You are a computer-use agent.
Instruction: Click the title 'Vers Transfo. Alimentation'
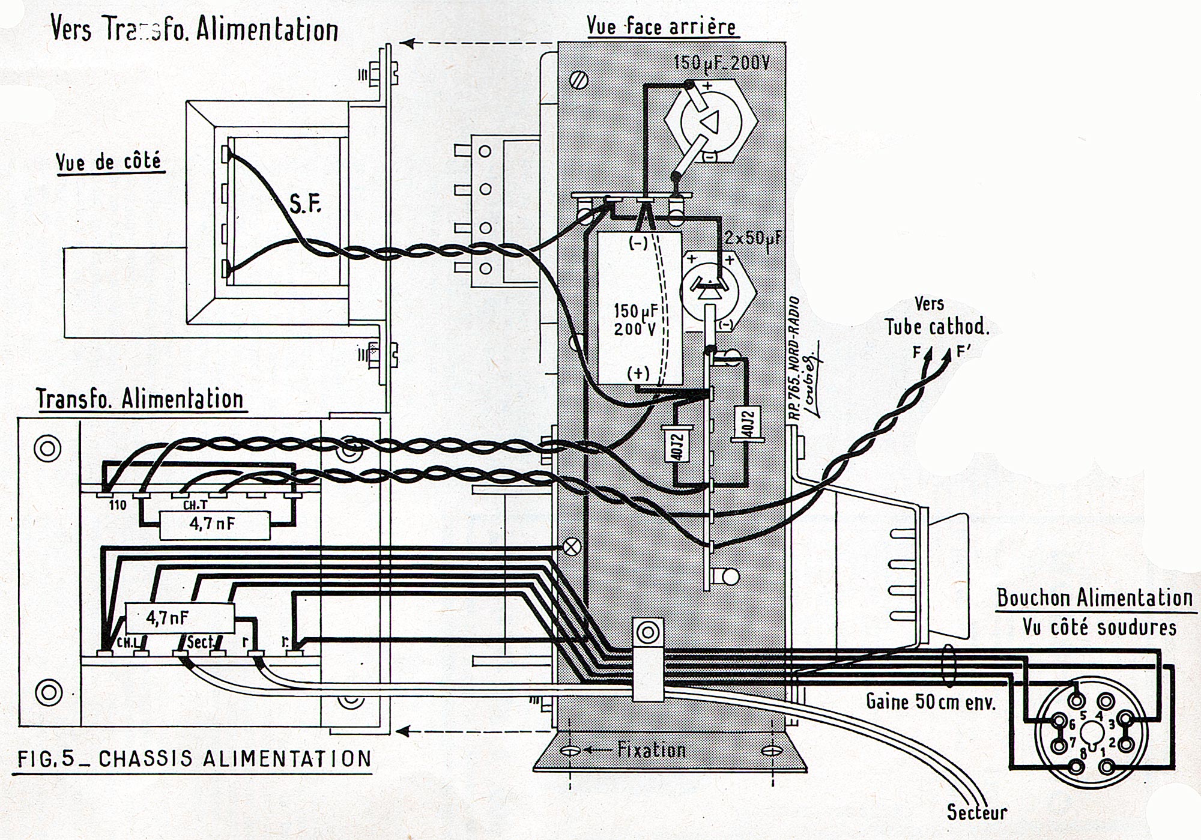194,29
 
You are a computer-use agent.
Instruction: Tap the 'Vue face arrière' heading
661,26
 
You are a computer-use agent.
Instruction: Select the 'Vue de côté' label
109,162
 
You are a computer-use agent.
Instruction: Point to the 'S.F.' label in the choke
305,204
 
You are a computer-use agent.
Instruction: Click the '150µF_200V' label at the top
721,62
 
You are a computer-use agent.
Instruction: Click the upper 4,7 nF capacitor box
213,524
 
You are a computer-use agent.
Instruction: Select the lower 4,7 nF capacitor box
178,618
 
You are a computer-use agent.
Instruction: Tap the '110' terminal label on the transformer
118,505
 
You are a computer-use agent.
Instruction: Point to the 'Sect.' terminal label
201,642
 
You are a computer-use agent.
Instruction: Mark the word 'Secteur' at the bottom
977,812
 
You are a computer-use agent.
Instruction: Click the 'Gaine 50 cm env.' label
931,701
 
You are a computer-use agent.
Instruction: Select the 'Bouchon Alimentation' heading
1095,598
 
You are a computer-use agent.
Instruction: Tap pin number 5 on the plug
1083,715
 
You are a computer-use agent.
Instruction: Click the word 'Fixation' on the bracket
652,750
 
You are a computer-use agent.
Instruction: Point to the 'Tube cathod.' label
936,327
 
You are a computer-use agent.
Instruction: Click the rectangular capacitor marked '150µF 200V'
640,307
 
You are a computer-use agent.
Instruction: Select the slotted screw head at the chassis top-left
580,80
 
